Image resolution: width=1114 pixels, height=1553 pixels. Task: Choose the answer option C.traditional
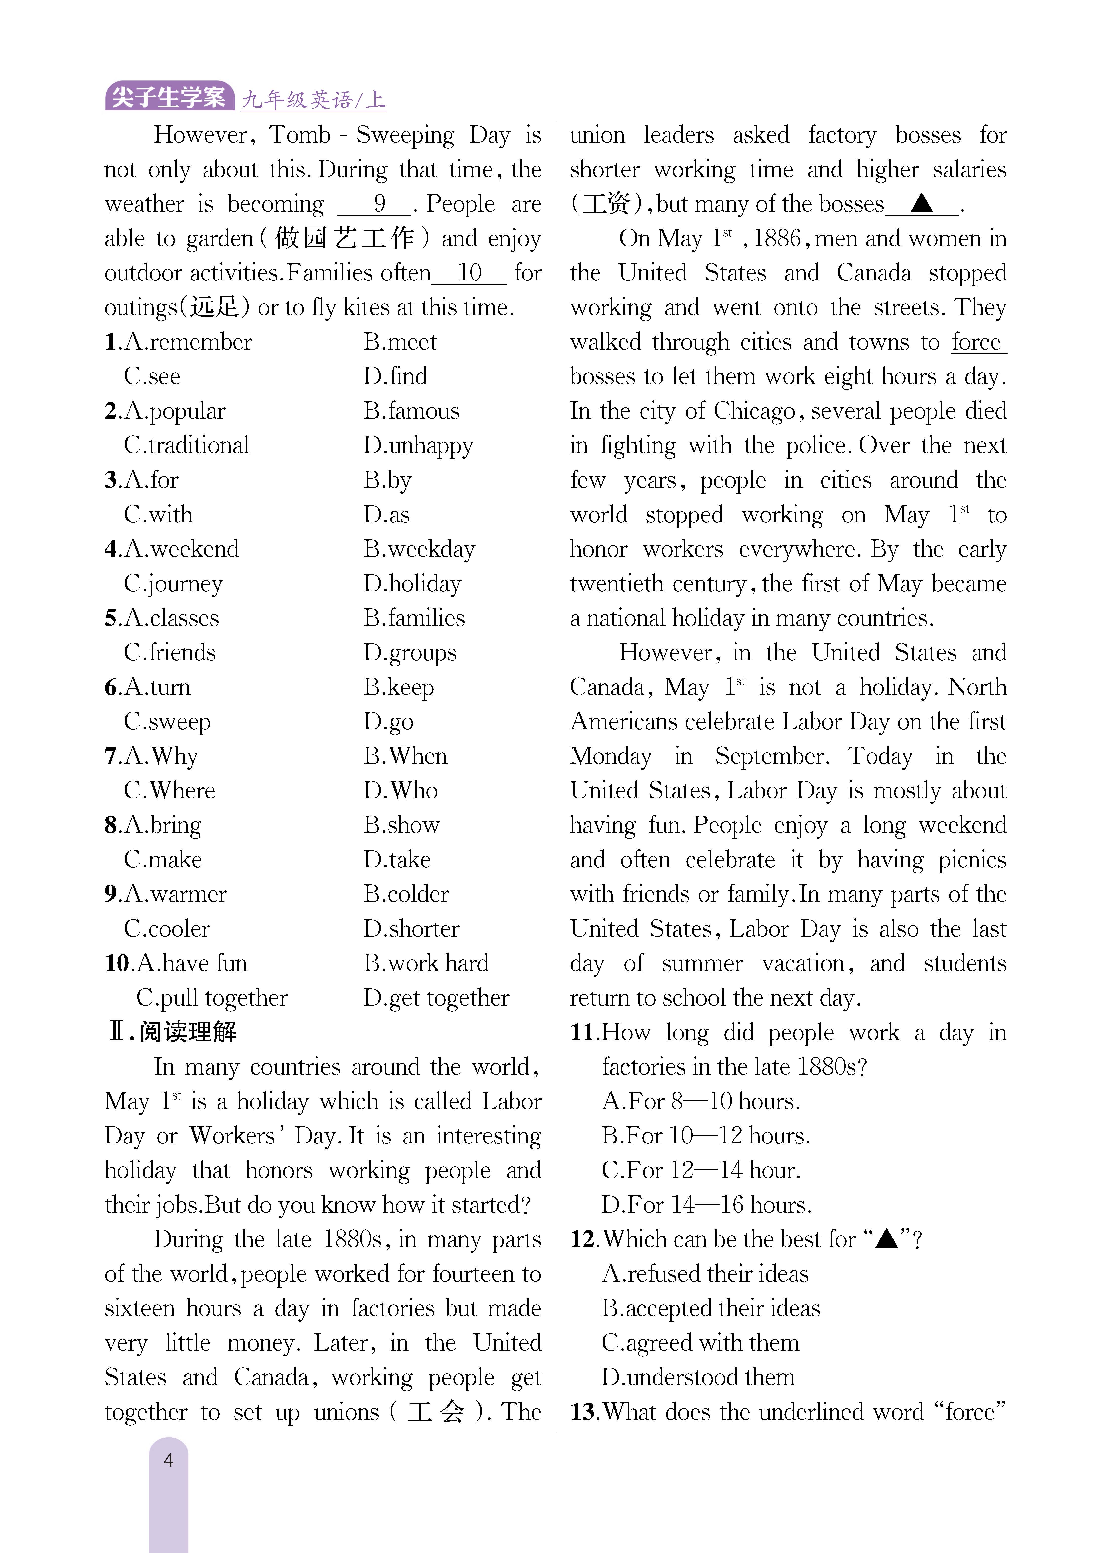coord(186,445)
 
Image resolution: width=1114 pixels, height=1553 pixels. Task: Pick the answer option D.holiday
coord(412,583)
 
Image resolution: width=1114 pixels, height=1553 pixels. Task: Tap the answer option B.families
coord(414,618)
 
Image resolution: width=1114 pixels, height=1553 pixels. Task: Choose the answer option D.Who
coord(400,790)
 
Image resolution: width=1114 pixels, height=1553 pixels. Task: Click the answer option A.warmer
coord(175,894)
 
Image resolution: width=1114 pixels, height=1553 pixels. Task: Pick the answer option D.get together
coord(436,998)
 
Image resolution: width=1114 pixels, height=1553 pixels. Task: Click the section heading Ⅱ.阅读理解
coord(172,1032)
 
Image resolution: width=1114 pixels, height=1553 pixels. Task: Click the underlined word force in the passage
coord(976,342)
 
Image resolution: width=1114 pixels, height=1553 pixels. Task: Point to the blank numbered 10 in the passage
coord(469,273)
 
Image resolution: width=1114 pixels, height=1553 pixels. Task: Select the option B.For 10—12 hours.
coord(705,1136)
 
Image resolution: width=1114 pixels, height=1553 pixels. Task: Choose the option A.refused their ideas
coord(705,1274)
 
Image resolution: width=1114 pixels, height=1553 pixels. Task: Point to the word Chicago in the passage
coord(754,411)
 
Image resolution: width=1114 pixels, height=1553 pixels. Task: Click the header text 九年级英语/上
coord(313,100)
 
